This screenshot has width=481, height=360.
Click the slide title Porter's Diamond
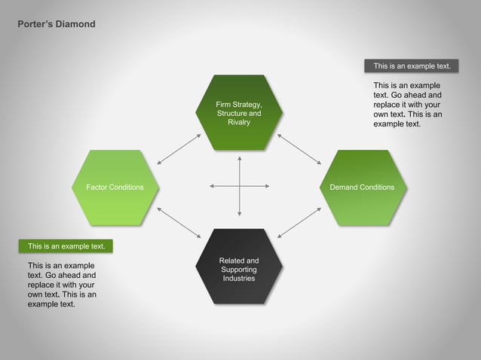pyautogui.click(x=57, y=24)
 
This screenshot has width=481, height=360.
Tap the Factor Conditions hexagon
pyautogui.click(x=115, y=188)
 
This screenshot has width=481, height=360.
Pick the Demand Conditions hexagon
pyautogui.click(x=362, y=188)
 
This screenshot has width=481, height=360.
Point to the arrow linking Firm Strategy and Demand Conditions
pyautogui.click(x=299, y=148)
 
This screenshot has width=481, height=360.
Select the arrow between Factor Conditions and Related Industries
pyautogui.click(x=179, y=224)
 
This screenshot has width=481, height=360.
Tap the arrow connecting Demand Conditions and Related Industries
pyautogui.click(x=299, y=224)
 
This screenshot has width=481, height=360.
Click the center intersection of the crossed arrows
pyautogui.click(x=239, y=186)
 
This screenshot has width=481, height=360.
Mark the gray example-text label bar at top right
pyautogui.click(x=412, y=66)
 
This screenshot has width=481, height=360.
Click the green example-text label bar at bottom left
pyautogui.click(x=66, y=246)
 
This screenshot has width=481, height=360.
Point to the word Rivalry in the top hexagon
pyautogui.click(x=239, y=122)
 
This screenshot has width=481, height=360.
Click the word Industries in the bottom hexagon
pyautogui.click(x=239, y=279)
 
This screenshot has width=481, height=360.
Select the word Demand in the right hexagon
pyautogui.click(x=345, y=188)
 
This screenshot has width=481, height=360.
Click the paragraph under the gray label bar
pyautogui.click(x=408, y=105)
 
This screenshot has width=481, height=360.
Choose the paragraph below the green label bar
pyautogui.click(x=62, y=285)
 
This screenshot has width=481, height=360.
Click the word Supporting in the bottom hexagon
pyautogui.click(x=239, y=270)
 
